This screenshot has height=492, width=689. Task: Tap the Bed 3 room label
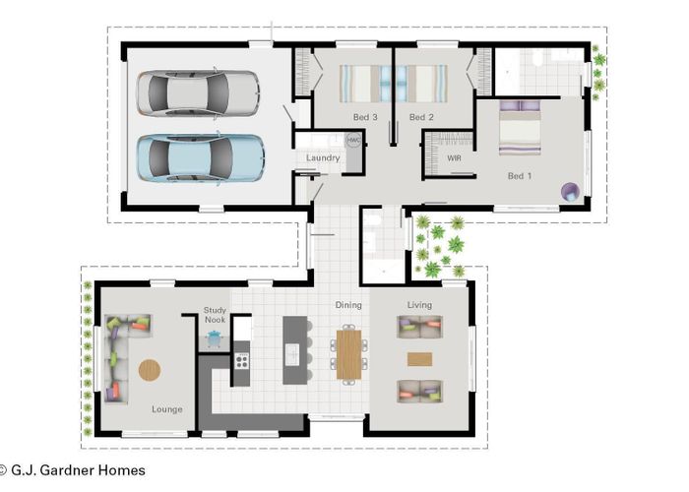tap(365, 118)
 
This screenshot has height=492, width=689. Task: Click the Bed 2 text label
tap(421, 118)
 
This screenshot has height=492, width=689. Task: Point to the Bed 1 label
tap(519, 176)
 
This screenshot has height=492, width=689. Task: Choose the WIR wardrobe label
tap(454, 157)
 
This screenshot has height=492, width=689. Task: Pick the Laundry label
tap(323, 158)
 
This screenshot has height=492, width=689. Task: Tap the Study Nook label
tap(216, 315)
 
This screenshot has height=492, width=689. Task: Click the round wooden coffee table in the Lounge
tap(150, 370)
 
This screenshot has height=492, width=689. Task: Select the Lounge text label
tap(166, 408)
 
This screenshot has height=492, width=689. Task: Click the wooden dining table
tap(348, 354)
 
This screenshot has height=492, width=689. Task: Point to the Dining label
tap(348, 305)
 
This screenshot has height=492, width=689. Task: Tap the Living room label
tap(419, 305)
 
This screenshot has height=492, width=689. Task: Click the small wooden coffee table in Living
tap(419, 359)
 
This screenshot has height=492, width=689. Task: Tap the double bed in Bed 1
tap(520, 128)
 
